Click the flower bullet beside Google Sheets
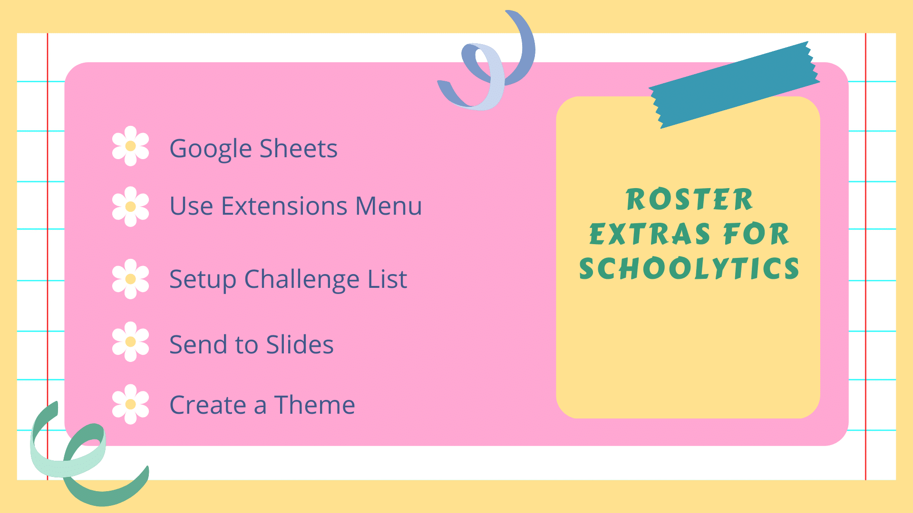[x=130, y=146]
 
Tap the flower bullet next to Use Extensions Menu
[x=130, y=207]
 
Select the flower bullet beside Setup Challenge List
[x=130, y=279]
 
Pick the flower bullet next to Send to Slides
[x=130, y=342]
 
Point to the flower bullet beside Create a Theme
[x=130, y=404]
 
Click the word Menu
[x=389, y=206]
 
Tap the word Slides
[x=300, y=344]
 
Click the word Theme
[x=314, y=405]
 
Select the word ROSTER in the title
[x=689, y=199]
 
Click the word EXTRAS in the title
[x=650, y=234]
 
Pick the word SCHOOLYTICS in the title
[x=689, y=269]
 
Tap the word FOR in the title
[x=756, y=234]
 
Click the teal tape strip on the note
[x=735, y=85]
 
